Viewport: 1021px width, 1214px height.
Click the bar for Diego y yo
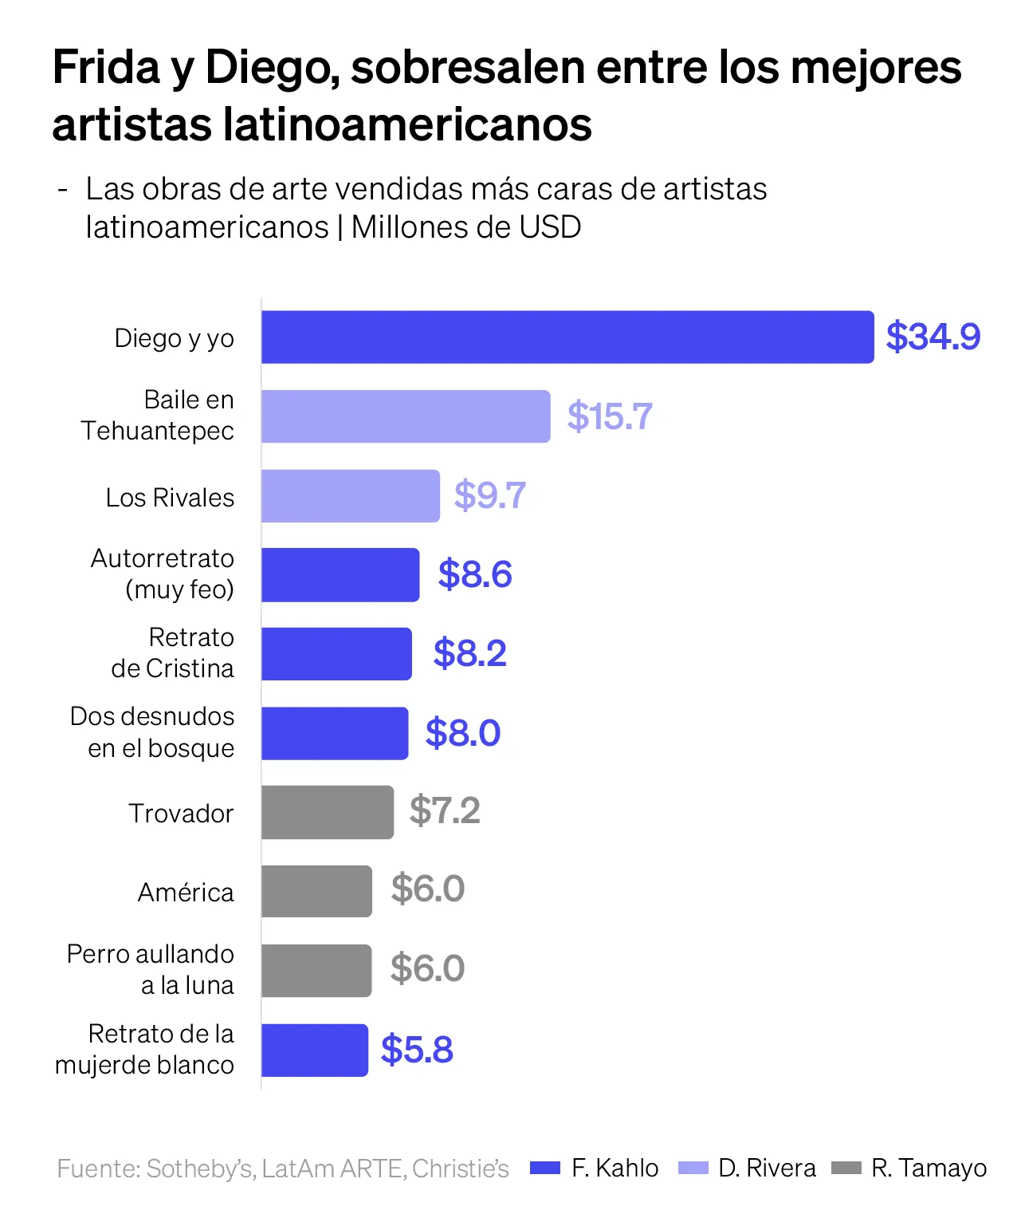(x=567, y=337)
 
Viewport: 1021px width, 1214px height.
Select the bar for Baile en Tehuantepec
(x=406, y=416)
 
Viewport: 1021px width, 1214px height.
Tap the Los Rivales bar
(x=351, y=496)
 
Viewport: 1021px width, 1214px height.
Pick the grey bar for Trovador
(x=328, y=812)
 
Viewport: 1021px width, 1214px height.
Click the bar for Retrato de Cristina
(x=336, y=654)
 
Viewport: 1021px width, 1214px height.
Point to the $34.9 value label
(x=933, y=337)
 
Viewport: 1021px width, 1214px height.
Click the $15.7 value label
(x=610, y=416)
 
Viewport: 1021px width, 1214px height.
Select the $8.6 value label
(x=475, y=574)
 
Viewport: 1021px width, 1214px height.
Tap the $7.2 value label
(x=445, y=811)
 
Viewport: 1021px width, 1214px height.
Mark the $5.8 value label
(x=417, y=1050)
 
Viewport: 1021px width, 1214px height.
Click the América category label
(x=186, y=892)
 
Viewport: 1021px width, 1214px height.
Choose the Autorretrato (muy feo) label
(x=163, y=573)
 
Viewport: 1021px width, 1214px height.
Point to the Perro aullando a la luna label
(x=151, y=969)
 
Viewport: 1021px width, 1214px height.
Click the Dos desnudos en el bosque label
(x=152, y=732)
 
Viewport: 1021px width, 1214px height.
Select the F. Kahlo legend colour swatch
(x=546, y=1168)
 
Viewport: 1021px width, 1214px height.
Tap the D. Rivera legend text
(x=767, y=1168)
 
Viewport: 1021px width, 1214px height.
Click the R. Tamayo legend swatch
(x=846, y=1168)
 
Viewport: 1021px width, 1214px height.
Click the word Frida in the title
(x=107, y=68)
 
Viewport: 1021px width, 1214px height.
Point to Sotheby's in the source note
(x=200, y=1169)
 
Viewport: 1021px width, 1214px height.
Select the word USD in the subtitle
(x=549, y=227)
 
